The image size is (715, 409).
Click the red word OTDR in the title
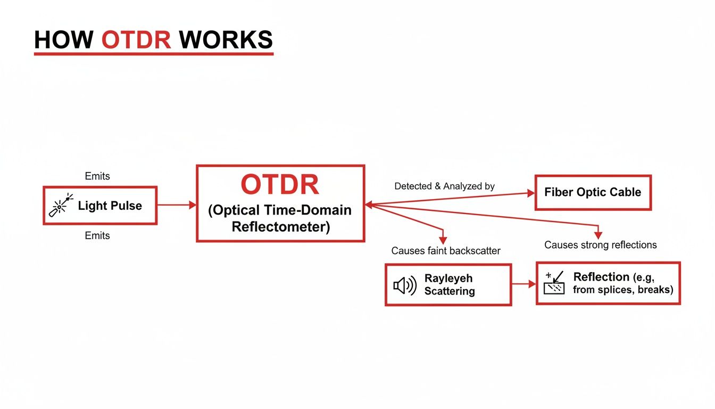pyautogui.click(x=136, y=40)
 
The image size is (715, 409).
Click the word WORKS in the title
pyautogui.click(x=226, y=40)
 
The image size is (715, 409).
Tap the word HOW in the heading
pyautogui.click(x=63, y=40)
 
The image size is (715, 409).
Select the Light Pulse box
pyautogui.click(x=100, y=205)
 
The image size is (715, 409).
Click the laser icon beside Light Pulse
pyautogui.click(x=60, y=206)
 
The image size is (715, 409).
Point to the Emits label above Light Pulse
pyautogui.click(x=97, y=176)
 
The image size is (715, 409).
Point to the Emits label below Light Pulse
pyautogui.click(x=97, y=235)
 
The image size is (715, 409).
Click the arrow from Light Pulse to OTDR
pyautogui.click(x=177, y=204)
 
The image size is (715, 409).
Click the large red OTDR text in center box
pyautogui.click(x=280, y=184)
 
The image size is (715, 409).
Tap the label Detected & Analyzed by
pyautogui.click(x=444, y=186)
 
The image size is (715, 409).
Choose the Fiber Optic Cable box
pyautogui.click(x=593, y=192)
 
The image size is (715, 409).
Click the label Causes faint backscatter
pyautogui.click(x=446, y=251)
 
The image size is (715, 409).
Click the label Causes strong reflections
pyautogui.click(x=601, y=245)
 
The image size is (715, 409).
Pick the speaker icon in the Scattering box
pyautogui.click(x=404, y=286)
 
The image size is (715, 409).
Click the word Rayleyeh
pyautogui.click(x=448, y=279)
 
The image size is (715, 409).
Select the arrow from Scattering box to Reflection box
pyautogui.click(x=523, y=284)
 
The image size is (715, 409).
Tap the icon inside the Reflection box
pyautogui.click(x=554, y=283)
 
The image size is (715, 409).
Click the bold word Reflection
pyautogui.click(x=601, y=277)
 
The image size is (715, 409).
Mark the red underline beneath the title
pyautogui.click(x=153, y=53)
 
